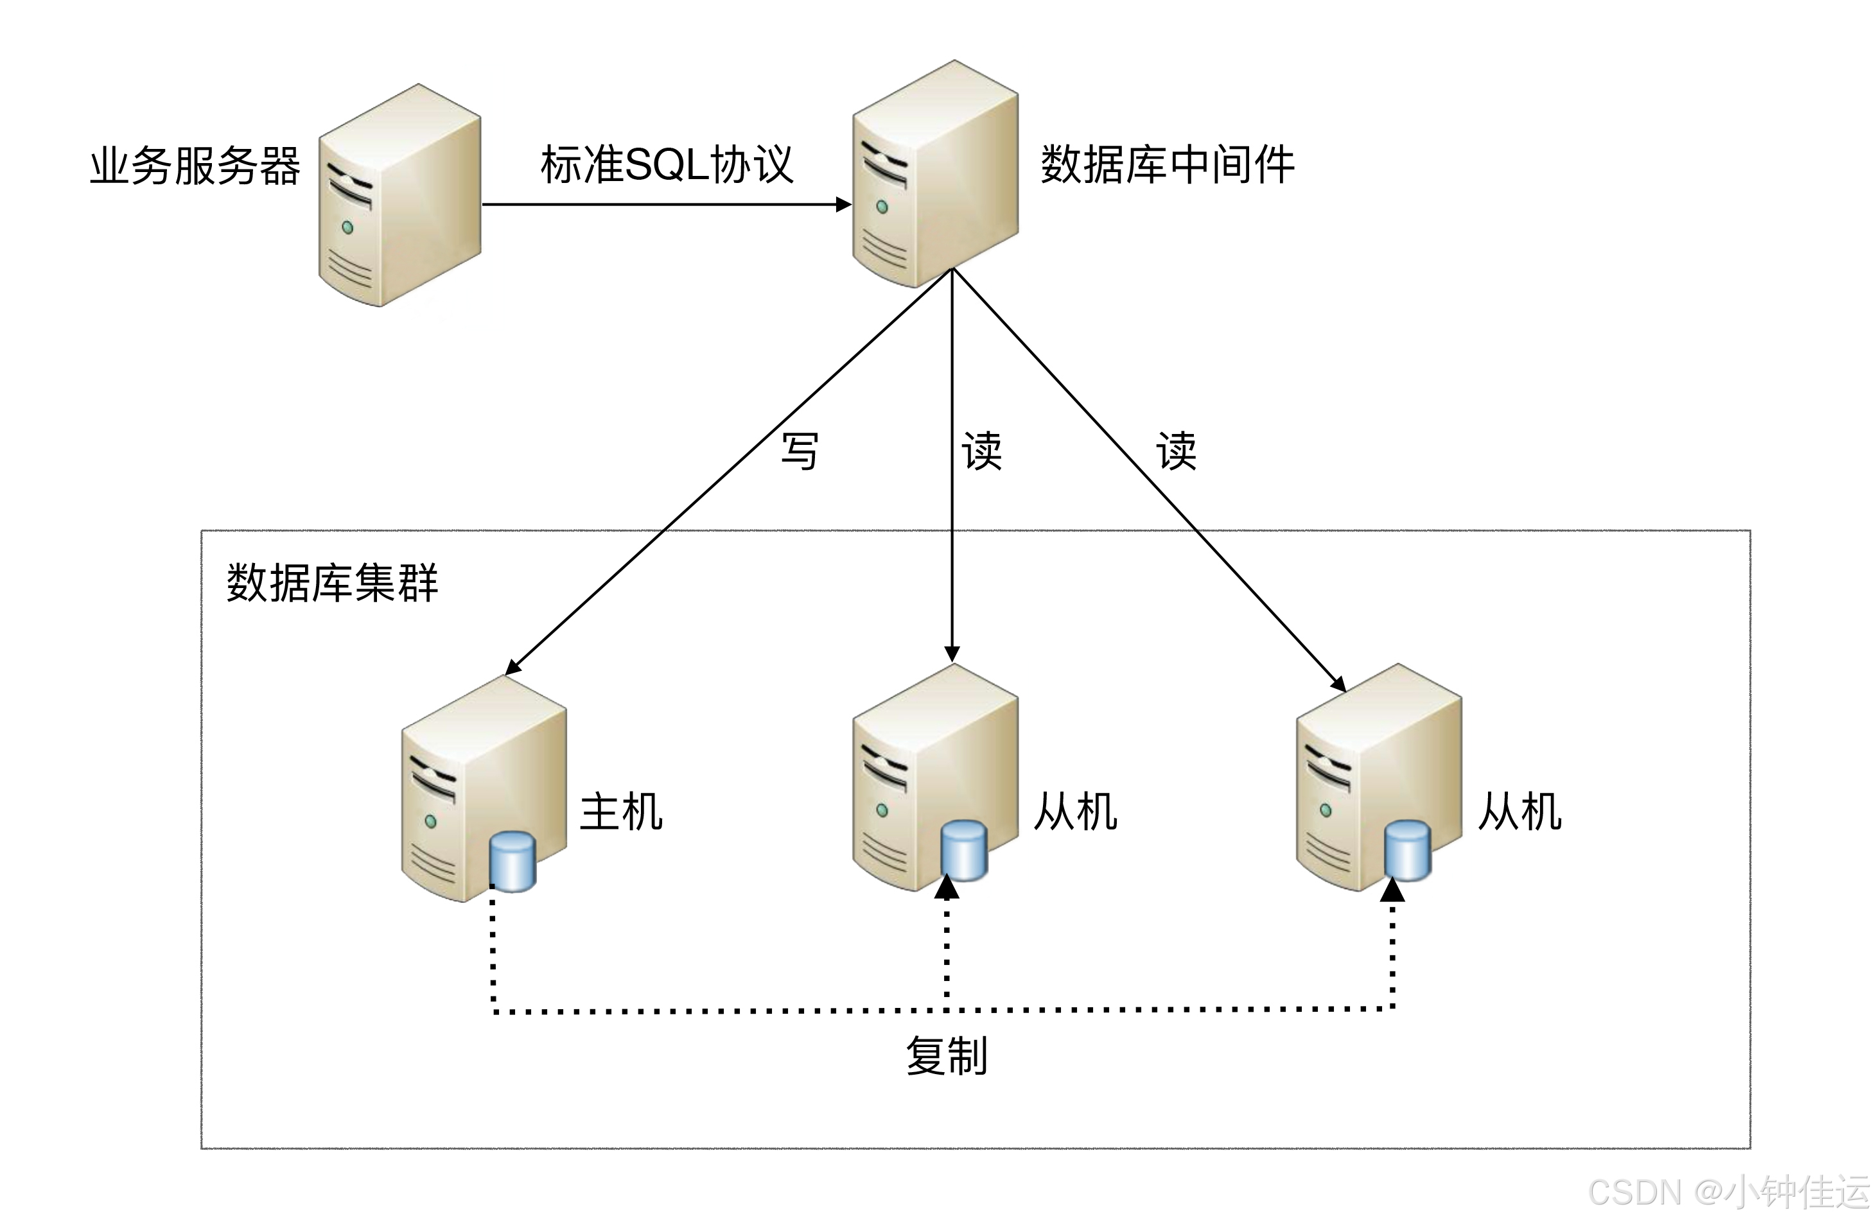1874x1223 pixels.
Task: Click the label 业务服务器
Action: click(195, 166)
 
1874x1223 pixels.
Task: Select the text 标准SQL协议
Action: click(666, 164)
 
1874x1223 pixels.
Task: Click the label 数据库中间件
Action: click(1167, 164)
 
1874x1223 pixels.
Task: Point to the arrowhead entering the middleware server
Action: click(843, 205)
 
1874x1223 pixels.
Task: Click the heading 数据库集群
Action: click(331, 583)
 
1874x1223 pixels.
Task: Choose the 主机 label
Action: click(620, 811)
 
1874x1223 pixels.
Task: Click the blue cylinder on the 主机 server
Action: click(512, 861)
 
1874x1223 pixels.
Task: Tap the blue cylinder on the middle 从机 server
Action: click(964, 850)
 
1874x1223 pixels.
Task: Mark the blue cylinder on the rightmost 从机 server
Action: click(1407, 850)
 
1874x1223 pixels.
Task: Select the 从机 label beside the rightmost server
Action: click(1519, 811)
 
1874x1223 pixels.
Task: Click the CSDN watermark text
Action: click(1728, 1192)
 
